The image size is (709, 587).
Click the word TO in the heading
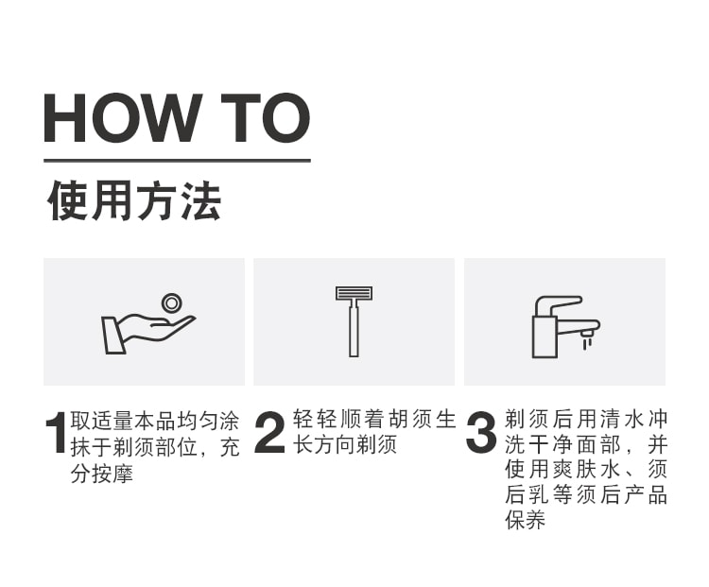click(266, 118)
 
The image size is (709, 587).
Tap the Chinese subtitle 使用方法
click(134, 200)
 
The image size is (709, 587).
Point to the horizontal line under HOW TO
click(178, 160)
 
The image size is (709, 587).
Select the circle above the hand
click(172, 303)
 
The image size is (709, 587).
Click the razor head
click(354, 294)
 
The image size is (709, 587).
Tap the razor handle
click(354, 329)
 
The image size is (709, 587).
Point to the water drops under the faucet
click(587, 344)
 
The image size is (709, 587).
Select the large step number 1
click(57, 432)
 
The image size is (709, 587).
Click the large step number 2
click(270, 432)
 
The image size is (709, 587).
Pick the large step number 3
click(481, 432)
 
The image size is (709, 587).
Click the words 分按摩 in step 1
click(102, 474)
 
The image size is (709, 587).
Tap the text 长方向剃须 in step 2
click(344, 444)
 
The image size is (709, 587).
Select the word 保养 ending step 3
click(526, 520)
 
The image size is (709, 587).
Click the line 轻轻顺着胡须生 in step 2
click(374, 419)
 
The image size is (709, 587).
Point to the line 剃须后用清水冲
click(586, 419)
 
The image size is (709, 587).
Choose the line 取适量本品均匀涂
click(155, 421)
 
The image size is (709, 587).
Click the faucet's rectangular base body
click(545, 337)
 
